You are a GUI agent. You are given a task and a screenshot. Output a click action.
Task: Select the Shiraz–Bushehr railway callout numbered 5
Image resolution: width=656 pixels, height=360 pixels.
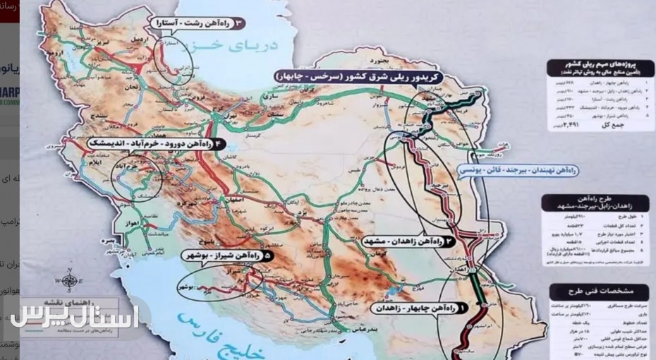coord(220,255)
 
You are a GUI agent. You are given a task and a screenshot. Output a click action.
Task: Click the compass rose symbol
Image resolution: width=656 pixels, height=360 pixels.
coord(68,280)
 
